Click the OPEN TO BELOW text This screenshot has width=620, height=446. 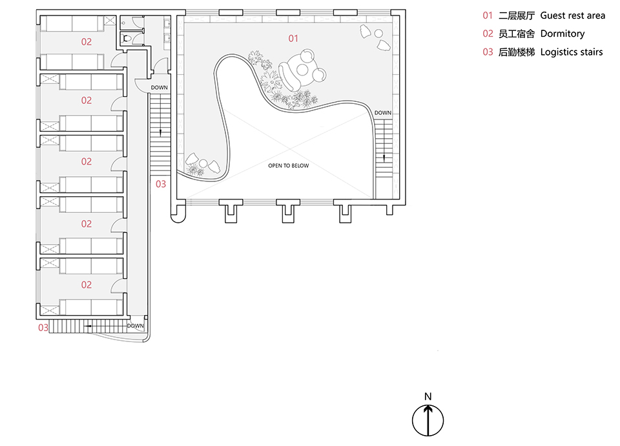[289, 166]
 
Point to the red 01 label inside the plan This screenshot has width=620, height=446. [293, 39]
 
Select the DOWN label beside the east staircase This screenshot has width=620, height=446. [383, 113]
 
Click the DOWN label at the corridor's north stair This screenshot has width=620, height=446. [160, 87]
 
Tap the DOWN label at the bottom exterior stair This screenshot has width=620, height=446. [136, 326]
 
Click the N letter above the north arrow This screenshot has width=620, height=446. [428, 396]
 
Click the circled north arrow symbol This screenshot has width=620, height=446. [428, 420]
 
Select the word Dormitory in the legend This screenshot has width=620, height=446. [563, 33]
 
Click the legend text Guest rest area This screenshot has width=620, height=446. [573, 15]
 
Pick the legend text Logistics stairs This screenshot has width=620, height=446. [572, 52]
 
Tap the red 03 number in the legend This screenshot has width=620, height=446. [488, 52]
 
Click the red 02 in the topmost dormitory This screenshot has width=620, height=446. [86, 41]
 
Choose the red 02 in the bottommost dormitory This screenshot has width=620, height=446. [86, 285]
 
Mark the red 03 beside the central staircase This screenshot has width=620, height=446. [160, 184]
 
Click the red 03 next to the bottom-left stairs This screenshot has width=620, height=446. [43, 327]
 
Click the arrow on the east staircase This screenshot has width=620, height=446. [385, 156]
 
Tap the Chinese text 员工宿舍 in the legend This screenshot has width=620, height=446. [517, 33]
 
